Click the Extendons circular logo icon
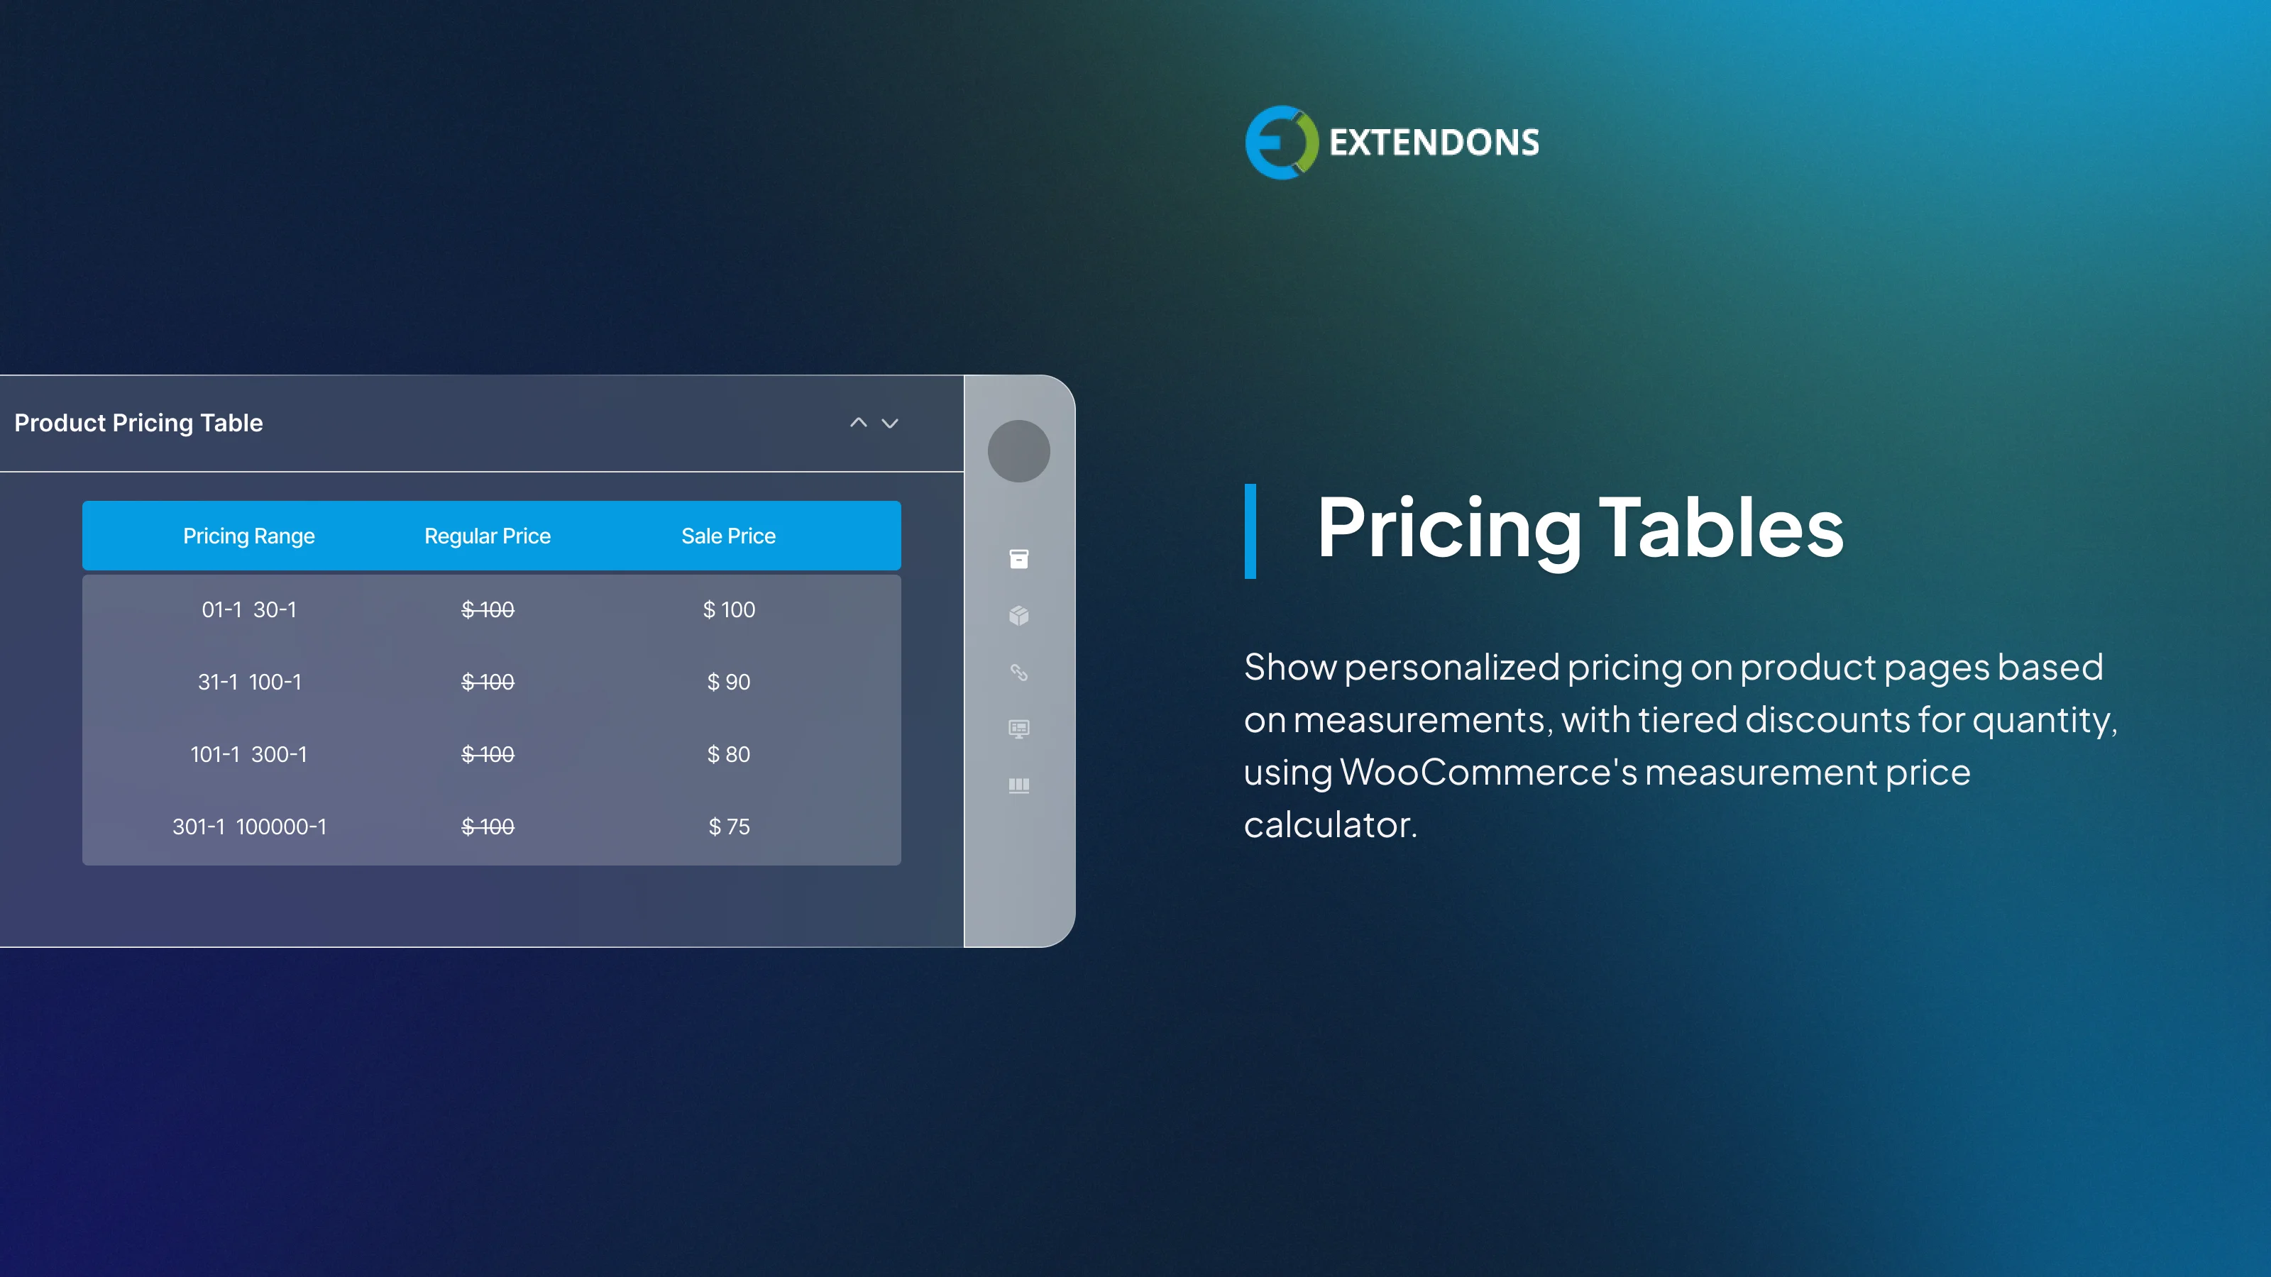(1281, 143)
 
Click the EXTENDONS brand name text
(1434, 143)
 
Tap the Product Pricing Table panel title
(138, 423)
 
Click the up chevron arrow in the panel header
(858, 423)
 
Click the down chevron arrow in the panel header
(891, 423)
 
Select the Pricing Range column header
(248, 536)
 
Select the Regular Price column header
(488, 536)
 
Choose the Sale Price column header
(728, 536)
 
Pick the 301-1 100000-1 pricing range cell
(248, 827)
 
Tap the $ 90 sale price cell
(728, 682)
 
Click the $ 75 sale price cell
(728, 827)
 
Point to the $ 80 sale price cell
(728, 754)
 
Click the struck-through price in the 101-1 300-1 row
(488, 754)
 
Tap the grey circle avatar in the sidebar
(1018, 450)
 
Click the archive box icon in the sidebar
(1018, 559)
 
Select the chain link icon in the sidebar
(1018, 673)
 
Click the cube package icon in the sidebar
(1018, 615)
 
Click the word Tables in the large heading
(1720, 527)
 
